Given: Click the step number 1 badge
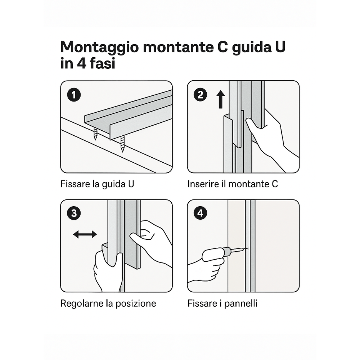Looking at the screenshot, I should pyautogui.click(x=74, y=95).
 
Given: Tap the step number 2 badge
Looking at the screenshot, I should pyautogui.click(x=200, y=95).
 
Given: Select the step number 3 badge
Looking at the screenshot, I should pyautogui.click(x=74, y=213).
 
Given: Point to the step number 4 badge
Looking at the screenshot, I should pyautogui.click(x=200, y=213).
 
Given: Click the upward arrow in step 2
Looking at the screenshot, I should pyautogui.click(x=221, y=99).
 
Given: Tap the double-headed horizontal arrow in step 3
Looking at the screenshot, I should pyautogui.click(x=85, y=234).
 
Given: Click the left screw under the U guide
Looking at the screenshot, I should pyautogui.click(x=96, y=134).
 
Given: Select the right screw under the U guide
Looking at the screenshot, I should pyautogui.click(x=122, y=143).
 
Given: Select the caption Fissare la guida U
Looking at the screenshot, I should pyautogui.click(x=97, y=184).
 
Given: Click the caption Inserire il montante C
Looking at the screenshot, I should pyautogui.click(x=233, y=184).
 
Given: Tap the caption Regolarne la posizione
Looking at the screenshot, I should pyautogui.click(x=108, y=303).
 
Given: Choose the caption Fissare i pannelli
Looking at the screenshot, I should pyautogui.click(x=222, y=303).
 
